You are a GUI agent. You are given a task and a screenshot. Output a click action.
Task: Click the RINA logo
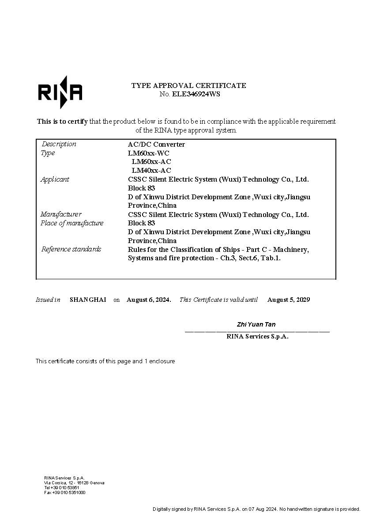click(x=60, y=92)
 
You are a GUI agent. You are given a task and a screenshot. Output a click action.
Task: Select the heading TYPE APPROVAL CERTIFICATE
click(x=188, y=85)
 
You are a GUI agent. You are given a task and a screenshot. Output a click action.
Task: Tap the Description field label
click(x=59, y=144)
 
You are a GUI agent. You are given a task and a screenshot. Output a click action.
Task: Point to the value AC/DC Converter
click(x=156, y=144)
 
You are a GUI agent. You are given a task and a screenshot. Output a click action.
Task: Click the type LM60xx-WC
click(x=149, y=153)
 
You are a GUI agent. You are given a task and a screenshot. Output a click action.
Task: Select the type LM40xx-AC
click(x=151, y=170)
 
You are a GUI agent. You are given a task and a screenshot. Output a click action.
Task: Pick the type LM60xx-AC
click(x=151, y=162)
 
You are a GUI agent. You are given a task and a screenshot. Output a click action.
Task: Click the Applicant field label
click(x=55, y=179)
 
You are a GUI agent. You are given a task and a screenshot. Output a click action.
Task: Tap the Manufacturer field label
click(x=61, y=214)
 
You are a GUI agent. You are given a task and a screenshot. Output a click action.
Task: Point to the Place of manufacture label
click(x=72, y=223)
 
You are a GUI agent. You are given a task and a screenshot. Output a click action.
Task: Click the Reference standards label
click(x=71, y=249)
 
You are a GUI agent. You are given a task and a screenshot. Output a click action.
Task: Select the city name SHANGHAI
click(x=88, y=300)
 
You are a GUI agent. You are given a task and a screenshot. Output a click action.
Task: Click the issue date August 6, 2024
click(x=149, y=300)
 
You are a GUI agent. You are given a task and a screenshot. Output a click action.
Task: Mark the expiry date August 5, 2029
click(x=289, y=300)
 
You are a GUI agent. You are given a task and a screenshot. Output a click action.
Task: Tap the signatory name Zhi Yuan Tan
click(x=256, y=324)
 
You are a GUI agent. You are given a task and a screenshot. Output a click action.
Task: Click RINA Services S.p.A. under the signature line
click(x=257, y=336)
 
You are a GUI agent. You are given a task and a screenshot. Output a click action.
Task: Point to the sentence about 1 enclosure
click(x=105, y=361)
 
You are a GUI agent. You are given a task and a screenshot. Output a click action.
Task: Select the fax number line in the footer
click(x=65, y=492)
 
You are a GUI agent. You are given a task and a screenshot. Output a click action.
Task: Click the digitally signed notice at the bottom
click(x=256, y=509)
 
